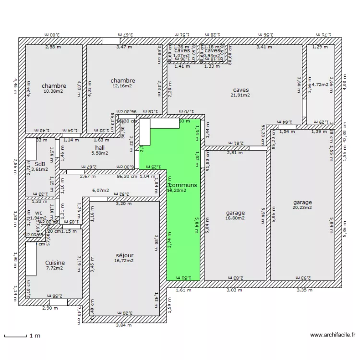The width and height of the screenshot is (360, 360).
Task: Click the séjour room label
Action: click(x=124, y=255)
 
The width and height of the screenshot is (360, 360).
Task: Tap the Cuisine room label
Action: click(x=55, y=263)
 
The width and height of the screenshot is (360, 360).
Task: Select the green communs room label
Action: click(x=182, y=185)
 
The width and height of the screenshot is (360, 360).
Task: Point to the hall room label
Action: click(x=100, y=148)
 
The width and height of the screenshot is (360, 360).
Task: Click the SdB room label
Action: click(x=40, y=163)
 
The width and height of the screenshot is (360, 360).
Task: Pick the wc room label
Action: click(x=39, y=212)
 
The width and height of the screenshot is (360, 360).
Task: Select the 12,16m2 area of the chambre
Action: click(x=122, y=86)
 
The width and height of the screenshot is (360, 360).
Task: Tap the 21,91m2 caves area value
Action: click(x=240, y=95)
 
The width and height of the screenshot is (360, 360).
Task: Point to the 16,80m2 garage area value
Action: click(x=235, y=218)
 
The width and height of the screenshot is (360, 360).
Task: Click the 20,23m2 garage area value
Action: click(x=302, y=208)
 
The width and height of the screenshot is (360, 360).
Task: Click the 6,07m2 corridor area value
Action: click(x=100, y=190)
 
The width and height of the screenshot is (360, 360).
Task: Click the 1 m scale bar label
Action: click(x=34, y=336)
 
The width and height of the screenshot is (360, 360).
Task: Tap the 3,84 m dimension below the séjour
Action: click(x=123, y=325)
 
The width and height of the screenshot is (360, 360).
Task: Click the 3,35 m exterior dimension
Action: click(x=304, y=290)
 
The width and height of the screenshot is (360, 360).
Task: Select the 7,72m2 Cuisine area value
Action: click(x=55, y=268)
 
